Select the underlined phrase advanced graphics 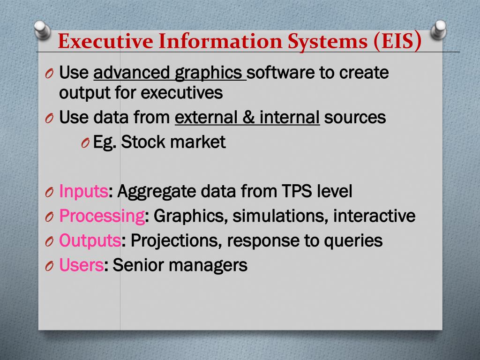170,73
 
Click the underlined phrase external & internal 247,117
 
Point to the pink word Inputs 84,191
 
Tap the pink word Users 82,265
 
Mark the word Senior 139,265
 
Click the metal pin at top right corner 439,29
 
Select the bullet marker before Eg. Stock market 85,143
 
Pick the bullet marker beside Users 50,266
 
